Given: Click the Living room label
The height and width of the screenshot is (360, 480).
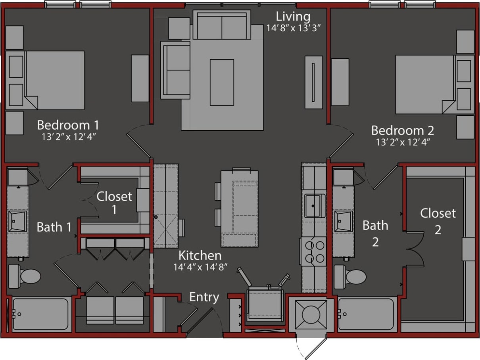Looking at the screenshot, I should click(x=293, y=17).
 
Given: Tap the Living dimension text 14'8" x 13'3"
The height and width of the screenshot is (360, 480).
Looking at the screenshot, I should click(x=293, y=29).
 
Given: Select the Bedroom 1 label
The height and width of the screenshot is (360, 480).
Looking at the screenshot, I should click(x=68, y=125).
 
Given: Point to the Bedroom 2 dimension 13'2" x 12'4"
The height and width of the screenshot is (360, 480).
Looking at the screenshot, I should click(x=403, y=142).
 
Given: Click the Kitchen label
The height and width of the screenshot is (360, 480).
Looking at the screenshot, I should click(x=200, y=255).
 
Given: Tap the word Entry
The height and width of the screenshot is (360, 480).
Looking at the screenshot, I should click(x=204, y=297).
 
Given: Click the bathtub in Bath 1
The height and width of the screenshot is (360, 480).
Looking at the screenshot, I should click(x=40, y=314).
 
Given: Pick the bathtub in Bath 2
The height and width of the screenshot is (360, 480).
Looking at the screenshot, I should click(x=366, y=314).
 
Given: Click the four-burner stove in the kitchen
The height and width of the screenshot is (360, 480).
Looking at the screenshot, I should click(x=313, y=251).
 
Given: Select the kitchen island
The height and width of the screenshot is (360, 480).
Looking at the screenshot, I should click(x=240, y=208).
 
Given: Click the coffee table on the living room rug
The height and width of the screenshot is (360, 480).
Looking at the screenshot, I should click(x=222, y=82).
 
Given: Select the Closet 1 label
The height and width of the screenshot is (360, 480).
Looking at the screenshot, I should click(x=114, y=202).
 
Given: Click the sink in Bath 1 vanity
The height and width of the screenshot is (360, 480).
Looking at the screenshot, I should click(x=17, y=220).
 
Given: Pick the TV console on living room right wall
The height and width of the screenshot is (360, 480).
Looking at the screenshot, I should click(x=313, y=82).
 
